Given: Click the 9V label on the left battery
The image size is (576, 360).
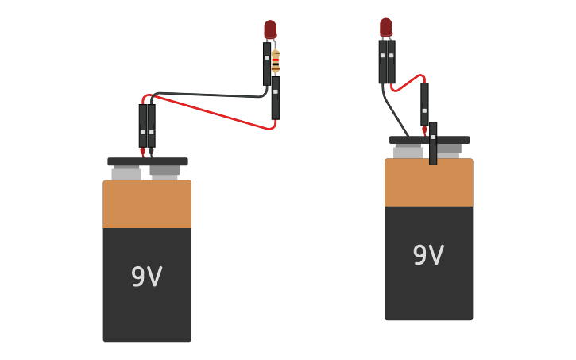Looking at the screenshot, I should click(146, 277).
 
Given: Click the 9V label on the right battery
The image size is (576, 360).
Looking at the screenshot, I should click(428, 255).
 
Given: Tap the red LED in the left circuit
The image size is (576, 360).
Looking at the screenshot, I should click(270, 29).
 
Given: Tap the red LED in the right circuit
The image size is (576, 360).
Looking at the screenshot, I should click(385, 27).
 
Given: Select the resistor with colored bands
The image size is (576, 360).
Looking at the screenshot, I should click(276, 61).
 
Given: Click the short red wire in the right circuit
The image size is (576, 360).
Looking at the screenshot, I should click(407, 83).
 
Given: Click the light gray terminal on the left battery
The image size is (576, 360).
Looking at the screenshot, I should click(126, 172).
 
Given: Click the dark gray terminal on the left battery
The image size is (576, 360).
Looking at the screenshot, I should click(164, 171).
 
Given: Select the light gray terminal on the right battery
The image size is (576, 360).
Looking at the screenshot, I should click(408, 151).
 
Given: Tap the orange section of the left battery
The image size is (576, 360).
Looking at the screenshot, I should click(146, 204).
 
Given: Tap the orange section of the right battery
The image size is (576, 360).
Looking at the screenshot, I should click(428, 183).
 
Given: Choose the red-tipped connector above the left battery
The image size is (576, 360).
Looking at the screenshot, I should click(143, 127).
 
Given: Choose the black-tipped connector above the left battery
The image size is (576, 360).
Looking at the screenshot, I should click(151, 127).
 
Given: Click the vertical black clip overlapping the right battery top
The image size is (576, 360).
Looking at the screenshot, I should click(433, 144).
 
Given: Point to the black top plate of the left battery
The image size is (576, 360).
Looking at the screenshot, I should click(148, 161).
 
